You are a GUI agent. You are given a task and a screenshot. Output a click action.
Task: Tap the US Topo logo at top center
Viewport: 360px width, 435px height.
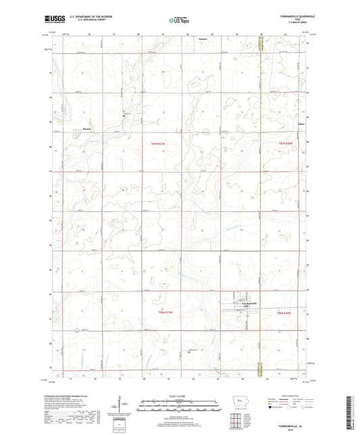pyautogui.click(x=178, y=21)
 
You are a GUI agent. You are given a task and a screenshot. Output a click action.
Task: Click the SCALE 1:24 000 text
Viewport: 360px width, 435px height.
pyautogui.click(x=179, y=395)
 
